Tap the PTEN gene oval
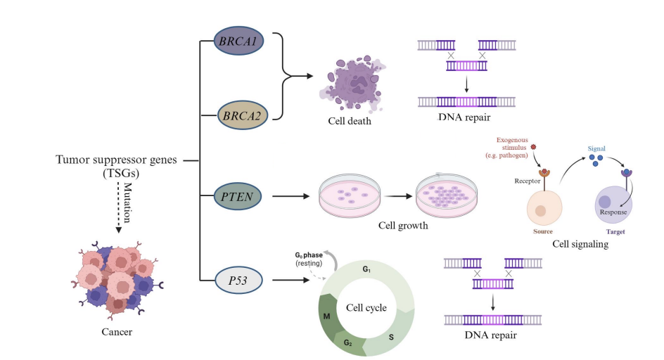pyautogui.click(x=238, y=195)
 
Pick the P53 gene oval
pyautogui.click(x=238, y=279)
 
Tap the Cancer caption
pyautogui.click(x=116, y=331)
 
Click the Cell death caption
pyautogui.click(x=350, y=121)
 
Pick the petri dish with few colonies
pyautogui.click(x=350, y=196)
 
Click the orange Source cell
pyautogui.click(x=542, y=210)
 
